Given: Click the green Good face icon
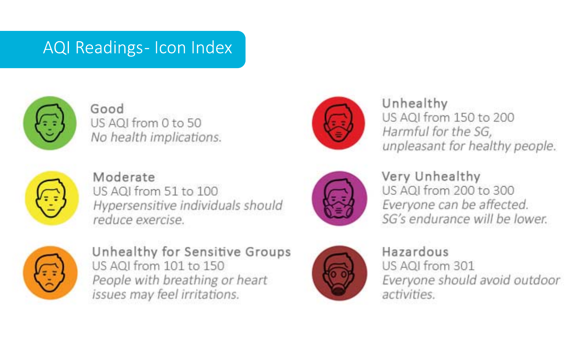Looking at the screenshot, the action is (50, 123).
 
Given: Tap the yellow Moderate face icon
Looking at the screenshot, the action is (51, 198).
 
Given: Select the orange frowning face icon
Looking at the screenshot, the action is (50, 273).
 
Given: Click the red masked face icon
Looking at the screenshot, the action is (339, 123).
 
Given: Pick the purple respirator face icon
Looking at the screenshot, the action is (339, 198).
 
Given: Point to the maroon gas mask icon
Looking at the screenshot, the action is (339, 273).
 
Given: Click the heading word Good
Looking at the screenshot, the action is (107, 109).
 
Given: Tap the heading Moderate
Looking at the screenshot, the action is (124, 177).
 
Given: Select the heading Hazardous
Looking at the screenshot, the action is (415, 252).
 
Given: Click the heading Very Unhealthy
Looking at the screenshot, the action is (431, 177).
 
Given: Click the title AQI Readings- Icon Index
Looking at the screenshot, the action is (137, 48).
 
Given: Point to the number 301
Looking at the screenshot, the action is (464, 266).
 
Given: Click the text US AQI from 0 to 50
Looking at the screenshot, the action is (146, 123).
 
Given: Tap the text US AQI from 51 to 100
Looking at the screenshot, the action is (155, 191).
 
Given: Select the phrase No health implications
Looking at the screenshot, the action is (156, 137).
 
